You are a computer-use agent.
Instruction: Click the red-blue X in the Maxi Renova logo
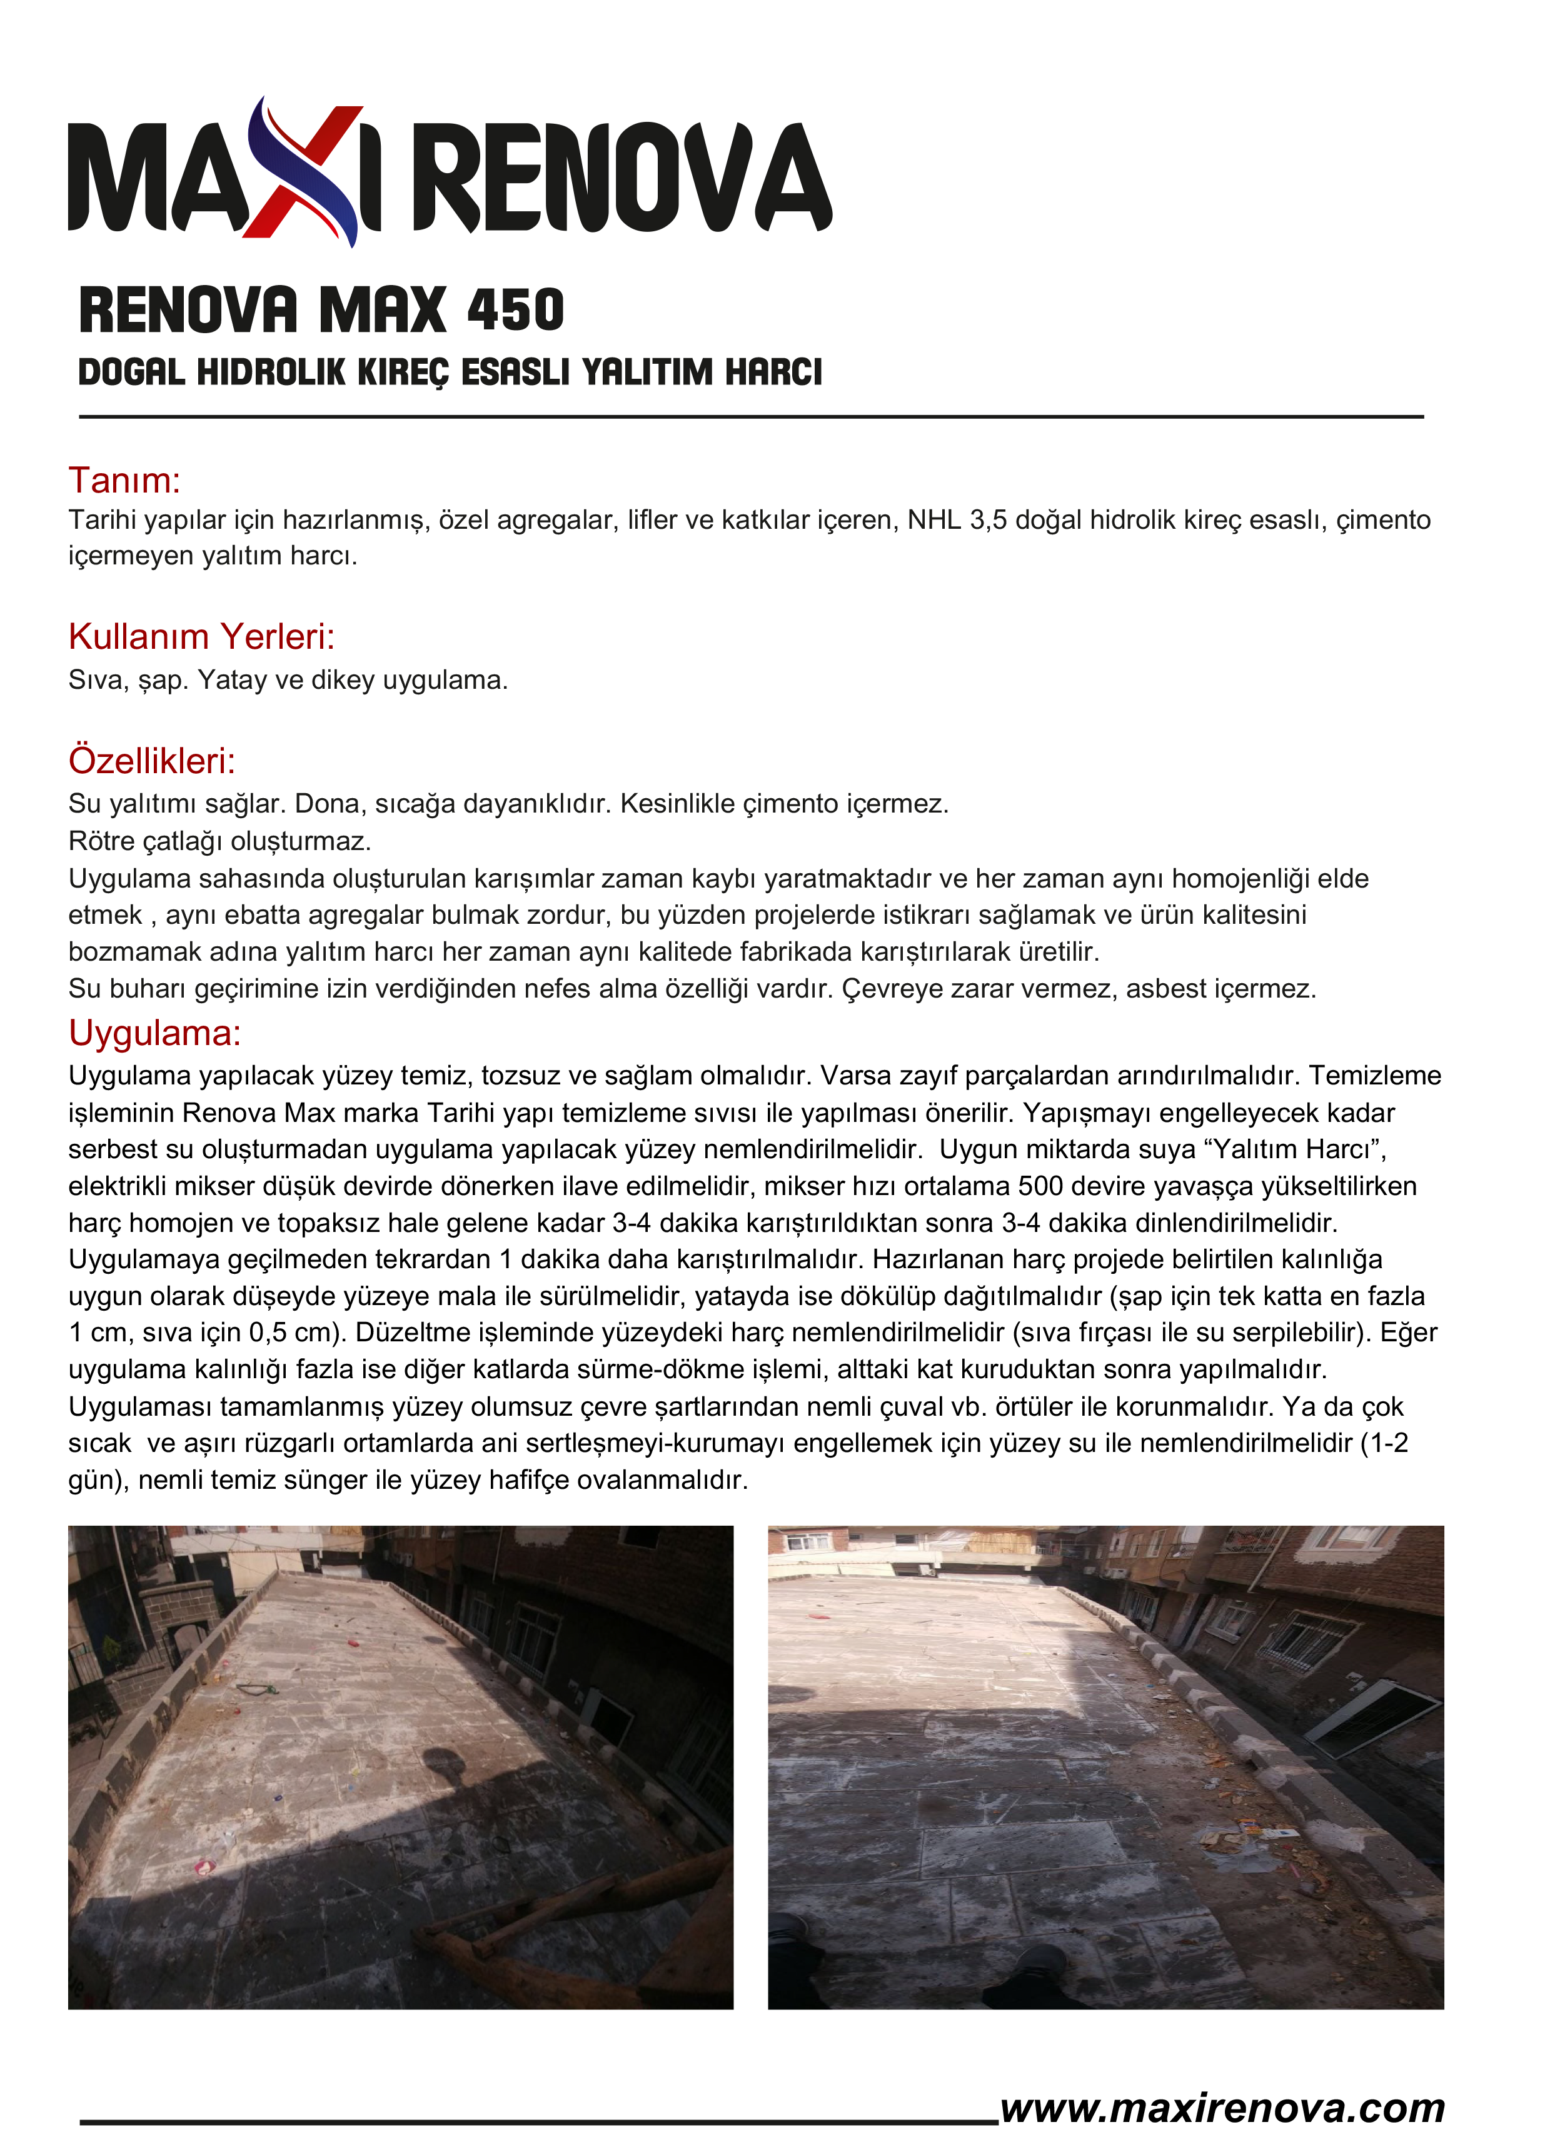tap(305, 173)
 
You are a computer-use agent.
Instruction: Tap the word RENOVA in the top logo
tap(622, 177)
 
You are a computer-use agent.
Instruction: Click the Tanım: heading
tap(124, 480)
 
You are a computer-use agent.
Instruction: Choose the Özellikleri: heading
tap(151, 760)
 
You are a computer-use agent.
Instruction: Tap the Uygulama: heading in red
tap(154, 1033)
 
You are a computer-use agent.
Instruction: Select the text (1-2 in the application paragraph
tap(1383, 1443)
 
